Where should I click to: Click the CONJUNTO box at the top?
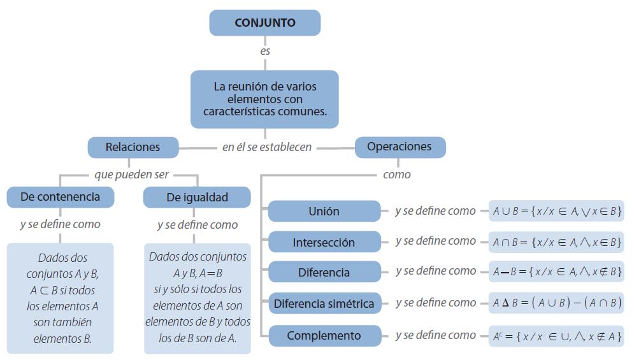point(264,23)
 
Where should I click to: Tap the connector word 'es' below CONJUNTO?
point(265,51)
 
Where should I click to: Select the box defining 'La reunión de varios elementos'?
point(264,99)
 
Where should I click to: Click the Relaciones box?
point(133,147)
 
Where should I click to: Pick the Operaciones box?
point(400,147)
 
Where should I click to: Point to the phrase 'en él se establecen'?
point(267,147)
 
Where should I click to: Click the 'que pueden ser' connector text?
point(132,175)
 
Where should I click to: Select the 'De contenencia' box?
point(60,197)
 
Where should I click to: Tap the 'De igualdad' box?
point(197,198)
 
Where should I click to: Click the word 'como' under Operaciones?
point(396,175)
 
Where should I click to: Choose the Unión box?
point(324,212)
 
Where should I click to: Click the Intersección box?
point(324,243)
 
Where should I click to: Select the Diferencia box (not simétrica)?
point(324,273)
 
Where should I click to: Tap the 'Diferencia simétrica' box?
point(324,304)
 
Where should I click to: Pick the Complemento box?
point(324,336)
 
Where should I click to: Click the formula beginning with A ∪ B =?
point(556,211)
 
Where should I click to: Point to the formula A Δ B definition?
point(556,303)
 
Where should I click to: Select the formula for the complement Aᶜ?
point(556,336)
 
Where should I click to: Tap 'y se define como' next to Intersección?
point(435,241)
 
